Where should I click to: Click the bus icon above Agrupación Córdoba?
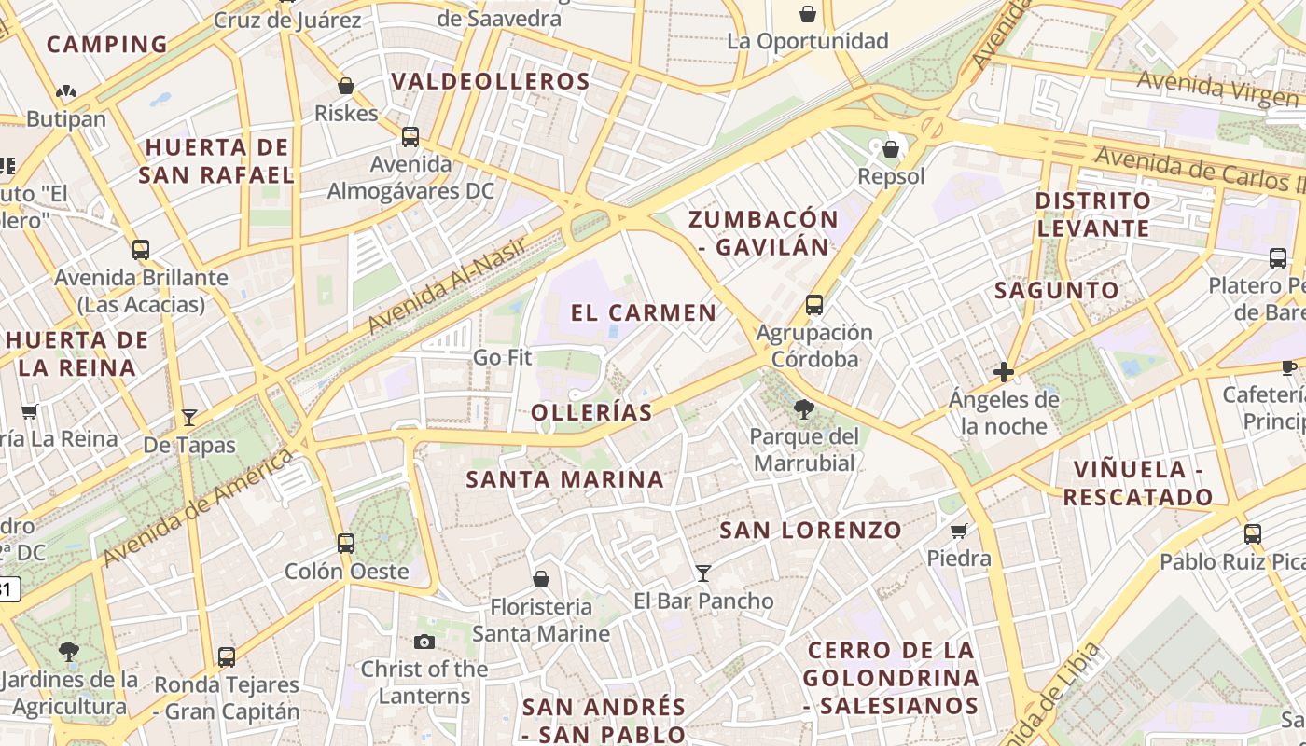[814, 304]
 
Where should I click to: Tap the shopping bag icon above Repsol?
[891, 148]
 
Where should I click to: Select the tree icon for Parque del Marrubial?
[803, 408]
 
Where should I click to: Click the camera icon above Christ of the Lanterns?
[424, 642]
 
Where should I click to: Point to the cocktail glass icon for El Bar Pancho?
[703, 573]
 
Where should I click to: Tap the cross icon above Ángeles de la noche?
[1004, 372]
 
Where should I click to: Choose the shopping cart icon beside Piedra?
[958, 531]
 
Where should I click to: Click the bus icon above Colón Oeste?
[346, 543]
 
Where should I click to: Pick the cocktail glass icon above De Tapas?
[189, 417]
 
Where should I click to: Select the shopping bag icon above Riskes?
[346, 86]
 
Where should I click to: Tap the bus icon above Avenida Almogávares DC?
[410, 137]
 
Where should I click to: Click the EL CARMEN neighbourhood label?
[644, 312]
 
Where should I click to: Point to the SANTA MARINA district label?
[565, 479]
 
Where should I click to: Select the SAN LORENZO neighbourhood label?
[812, 531]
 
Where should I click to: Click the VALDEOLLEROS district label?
[491, 81]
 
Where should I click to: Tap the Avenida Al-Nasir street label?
[449, 285]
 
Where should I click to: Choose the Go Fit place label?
[502, 357]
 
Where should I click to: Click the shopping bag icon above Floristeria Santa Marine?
[540, 579]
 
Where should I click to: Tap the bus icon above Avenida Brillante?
[141, 250]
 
